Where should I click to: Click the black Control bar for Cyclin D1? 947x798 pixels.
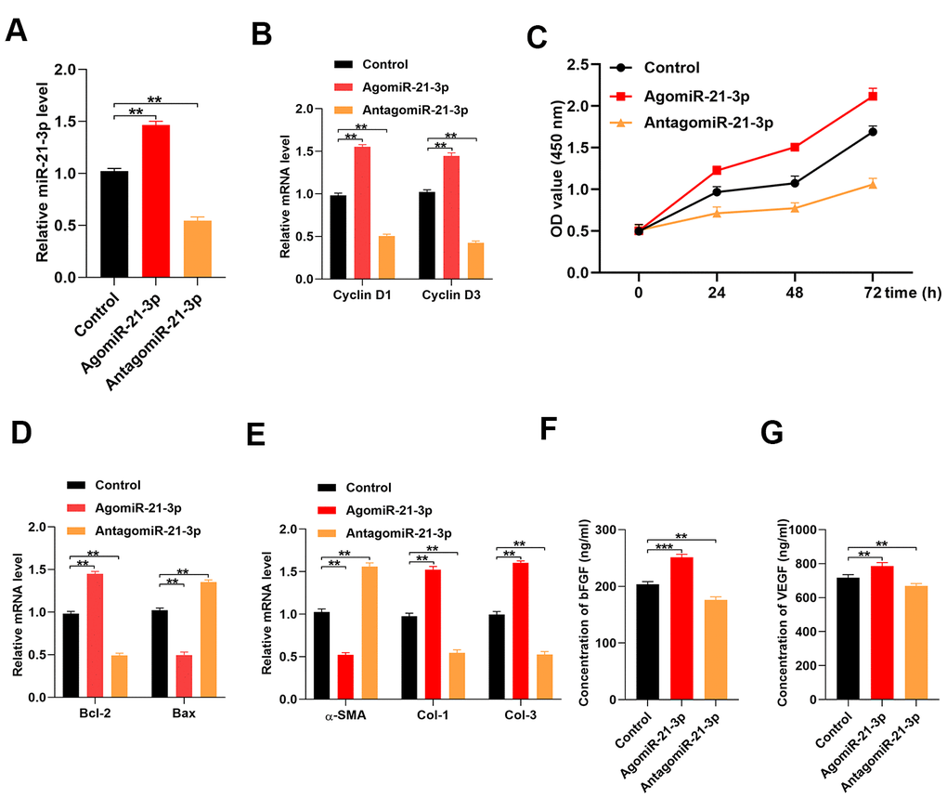(x=338, y=237)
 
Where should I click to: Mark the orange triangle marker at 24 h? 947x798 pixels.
(x=716, y=213)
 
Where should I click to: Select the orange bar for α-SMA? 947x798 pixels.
(x=369, y=633)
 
